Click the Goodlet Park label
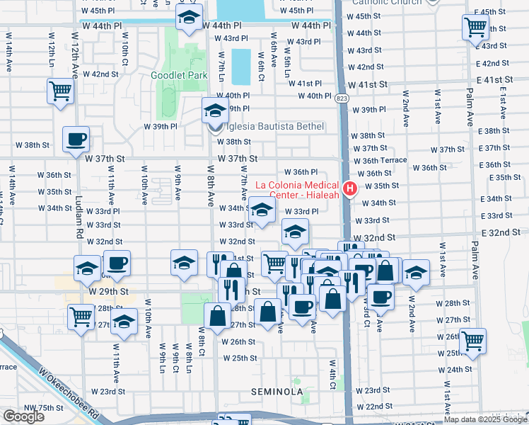tap(178, 75)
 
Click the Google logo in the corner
tap(23, 416)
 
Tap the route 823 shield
tap(342, 98)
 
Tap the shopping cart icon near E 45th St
tap(475, 28)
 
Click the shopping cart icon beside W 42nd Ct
tap(61, 91)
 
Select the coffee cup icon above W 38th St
tap(76, 139)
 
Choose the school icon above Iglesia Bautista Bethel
tap(215, 110)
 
